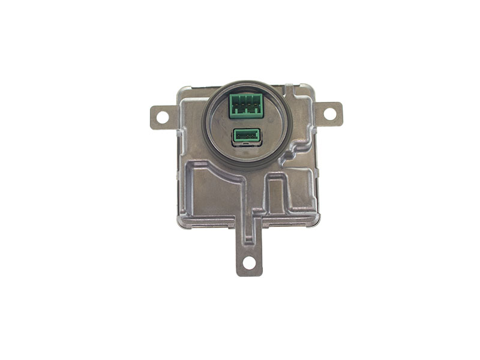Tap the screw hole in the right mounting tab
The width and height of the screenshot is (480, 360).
(x=329, y=113)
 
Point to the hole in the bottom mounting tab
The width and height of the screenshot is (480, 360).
(x=249, y=262)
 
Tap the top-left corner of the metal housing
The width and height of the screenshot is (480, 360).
(x=181, y=90)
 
